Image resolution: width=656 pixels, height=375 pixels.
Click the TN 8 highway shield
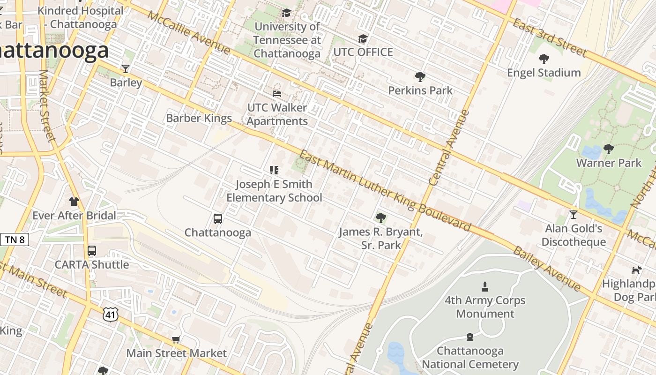pos(15,240)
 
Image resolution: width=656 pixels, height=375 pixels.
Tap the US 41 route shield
pos(111,314)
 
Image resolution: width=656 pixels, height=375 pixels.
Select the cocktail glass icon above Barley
pos(126,69)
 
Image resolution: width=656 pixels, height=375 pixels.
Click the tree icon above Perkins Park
pos(420,77)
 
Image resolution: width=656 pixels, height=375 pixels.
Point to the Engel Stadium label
pos(544,73)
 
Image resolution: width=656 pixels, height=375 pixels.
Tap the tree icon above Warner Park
pos(609,149)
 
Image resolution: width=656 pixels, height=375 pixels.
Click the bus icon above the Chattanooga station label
pos(218,218)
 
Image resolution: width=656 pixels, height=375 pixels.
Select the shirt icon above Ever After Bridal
pos(74,202)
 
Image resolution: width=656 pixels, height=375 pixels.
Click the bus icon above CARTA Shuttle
pos(92,251)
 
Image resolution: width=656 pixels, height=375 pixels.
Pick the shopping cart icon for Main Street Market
pos(176,339)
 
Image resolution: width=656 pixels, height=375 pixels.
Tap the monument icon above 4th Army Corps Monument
pos(485,286)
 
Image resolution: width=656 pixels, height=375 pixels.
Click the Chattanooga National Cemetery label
pos(470,357)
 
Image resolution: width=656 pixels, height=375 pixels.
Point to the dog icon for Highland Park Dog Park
pos(636,270)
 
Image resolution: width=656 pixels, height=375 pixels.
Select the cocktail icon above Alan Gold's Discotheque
pos(574,215)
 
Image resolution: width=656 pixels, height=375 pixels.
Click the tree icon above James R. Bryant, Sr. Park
pos(380,217)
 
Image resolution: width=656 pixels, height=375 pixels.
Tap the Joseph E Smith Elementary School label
pos(274,191)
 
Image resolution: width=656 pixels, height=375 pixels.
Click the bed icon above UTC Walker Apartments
pos(277,94)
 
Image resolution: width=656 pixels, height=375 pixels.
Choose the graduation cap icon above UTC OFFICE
pos(363,38)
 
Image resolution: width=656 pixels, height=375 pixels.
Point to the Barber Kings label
pos(199,118)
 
